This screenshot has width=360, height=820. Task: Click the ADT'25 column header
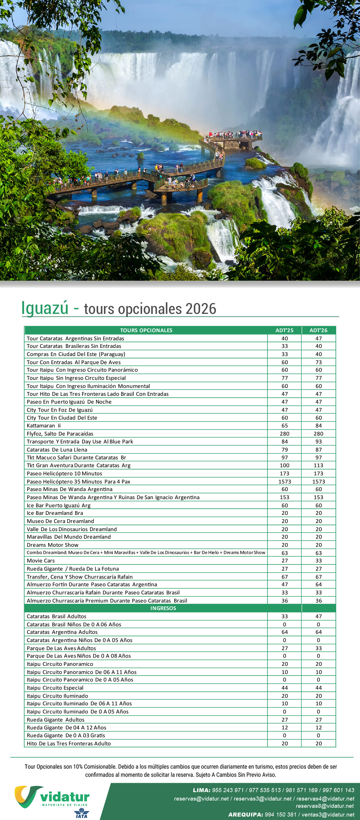(284, 330)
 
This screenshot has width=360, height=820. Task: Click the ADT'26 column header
(318, 330)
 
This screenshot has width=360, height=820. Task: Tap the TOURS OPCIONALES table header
(146, 330)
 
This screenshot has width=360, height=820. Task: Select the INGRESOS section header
(163, 608)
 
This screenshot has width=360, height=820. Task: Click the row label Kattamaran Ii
(44, 426)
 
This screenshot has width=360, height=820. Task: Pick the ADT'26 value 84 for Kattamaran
(318, 426)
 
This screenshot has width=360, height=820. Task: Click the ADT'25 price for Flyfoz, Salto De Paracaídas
(284, 434)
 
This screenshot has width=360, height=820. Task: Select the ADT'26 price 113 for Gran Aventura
(318, 465)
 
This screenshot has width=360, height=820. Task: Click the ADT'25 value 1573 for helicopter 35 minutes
(284, 481)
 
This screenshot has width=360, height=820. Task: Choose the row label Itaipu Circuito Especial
(55, 688)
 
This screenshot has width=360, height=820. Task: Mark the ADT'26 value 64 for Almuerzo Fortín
(318, 585)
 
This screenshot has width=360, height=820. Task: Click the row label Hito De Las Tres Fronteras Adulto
(69, 743)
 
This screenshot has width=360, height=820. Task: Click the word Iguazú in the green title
(45, 308)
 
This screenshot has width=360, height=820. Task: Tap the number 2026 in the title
(201, 309)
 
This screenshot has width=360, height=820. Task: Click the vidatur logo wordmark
(65, 797)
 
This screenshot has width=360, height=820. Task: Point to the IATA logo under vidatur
(82, 813)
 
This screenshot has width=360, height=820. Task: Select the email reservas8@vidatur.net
(325, 806)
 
